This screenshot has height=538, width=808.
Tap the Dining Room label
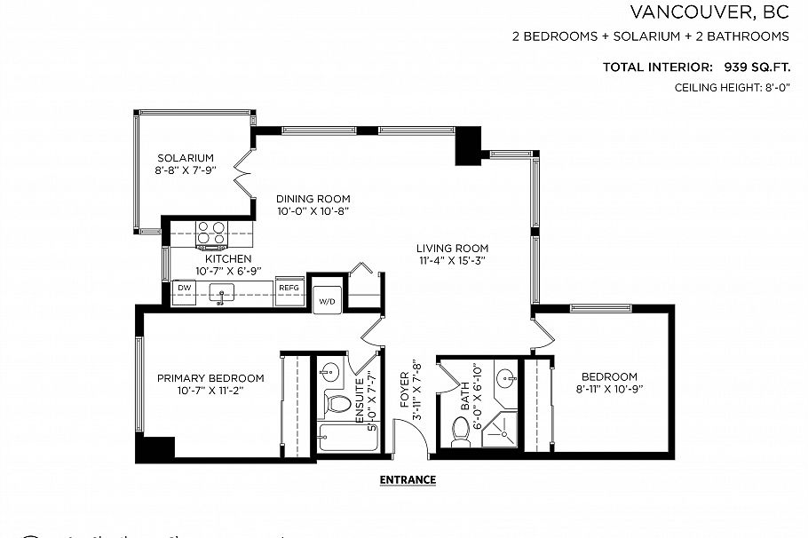(x=313, y=199)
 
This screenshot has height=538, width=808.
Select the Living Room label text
(x=453, y=249)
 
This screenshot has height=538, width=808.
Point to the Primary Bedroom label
(x=210, y=377)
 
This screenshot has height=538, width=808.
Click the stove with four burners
(x=211, y=233)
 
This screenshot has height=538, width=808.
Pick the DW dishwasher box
(x=185, y=289)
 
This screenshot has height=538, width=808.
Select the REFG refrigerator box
(x=289, y=289)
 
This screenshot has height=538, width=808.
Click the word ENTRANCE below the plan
(x=408, y=479)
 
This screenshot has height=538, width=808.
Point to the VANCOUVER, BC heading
(x=709, y=12)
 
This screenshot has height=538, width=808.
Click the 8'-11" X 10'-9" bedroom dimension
(x=609, y=389)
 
